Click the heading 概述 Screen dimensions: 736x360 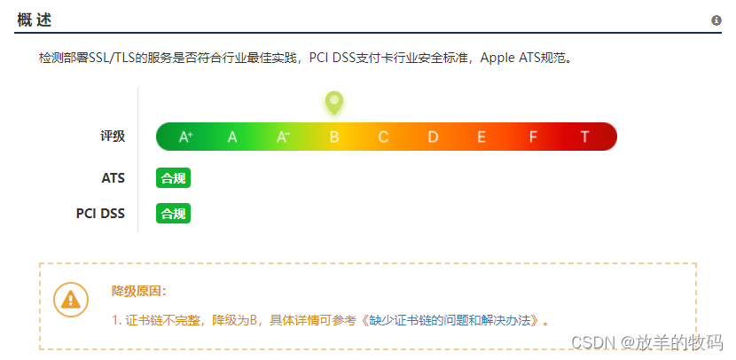tap(34, 20)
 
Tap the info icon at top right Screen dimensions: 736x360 tap(716, 20)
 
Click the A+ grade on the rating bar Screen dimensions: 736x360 tap(185, 137)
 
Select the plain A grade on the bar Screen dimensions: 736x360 tap(232, 137)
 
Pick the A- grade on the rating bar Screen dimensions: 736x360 tap(283, 137)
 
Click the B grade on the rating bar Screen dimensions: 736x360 tap(334, 137)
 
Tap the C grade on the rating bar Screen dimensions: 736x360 tap(383, 137)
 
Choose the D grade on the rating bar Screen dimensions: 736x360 tap(433, 137)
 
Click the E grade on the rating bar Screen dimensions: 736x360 tap(482, 137)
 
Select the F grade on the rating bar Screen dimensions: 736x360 tap(533, 137)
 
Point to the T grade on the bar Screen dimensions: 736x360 tap(584, 137)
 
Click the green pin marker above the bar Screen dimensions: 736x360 tap(333, 103)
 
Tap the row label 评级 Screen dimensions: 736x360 tap(113, 137)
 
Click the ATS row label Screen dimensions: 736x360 tap(113, 178)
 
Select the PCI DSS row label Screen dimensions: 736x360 tap(100, 214)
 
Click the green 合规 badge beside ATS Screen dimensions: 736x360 tap(173, 178)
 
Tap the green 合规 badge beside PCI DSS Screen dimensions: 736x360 tap(173, 214)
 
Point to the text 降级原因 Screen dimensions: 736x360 tap(138, 291)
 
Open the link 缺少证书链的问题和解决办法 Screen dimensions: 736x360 tap(451, 319)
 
